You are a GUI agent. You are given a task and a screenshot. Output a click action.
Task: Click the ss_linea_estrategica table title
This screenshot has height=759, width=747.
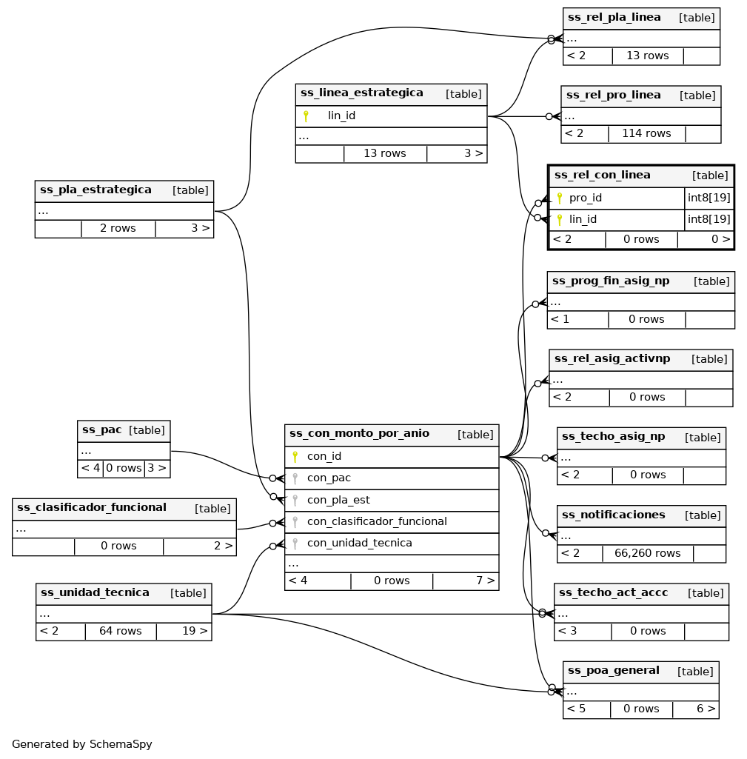pyautogui.click(x=362, y=93)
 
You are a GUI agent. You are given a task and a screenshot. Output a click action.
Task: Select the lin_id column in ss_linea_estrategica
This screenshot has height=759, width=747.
pyautogui.click(x=341, y=116)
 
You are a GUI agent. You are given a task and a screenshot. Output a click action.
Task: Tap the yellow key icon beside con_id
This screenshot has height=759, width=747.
pyautogui.click(x=295, y=457)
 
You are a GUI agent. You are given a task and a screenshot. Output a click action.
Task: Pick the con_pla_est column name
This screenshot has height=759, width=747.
pyautogui.click(x=338, y=500)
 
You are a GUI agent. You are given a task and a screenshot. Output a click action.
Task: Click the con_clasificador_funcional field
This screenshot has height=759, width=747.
pyautogui.click(x=377, y=521)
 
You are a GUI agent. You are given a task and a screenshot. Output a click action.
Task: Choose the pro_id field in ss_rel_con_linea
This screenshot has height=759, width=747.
pyautogui.click(x=585, y=198)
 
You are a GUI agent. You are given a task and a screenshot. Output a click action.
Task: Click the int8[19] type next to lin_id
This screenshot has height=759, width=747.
pyautogui.click(x=709, y=219)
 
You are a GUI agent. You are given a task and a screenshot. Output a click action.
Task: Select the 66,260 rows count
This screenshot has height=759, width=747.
pyautogui.click(x=647, y=553)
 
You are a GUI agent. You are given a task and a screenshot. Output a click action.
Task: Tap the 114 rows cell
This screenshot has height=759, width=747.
pyautogui.click(x=646, y=134)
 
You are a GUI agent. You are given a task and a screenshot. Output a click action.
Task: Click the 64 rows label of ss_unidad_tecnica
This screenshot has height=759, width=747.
pyautogui.click(x=120, y=632)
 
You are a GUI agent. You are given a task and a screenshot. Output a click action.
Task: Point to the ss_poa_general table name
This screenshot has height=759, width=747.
pyautogui.click(x=613, y=671)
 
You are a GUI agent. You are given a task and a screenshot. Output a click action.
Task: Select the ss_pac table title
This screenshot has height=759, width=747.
pyautogui.click(x=101, y=430)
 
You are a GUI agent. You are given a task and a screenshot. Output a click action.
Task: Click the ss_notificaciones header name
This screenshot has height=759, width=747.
pyautogui.click(x=613, y=515)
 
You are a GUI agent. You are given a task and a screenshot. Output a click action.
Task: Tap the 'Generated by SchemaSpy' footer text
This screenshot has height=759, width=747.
pyautogui.click(x=81, y=744)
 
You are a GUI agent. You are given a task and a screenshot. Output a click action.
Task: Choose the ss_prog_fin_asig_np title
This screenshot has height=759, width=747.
pyautogui.click(x=611, y=281)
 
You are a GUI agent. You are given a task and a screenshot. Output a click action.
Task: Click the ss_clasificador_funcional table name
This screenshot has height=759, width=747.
pyautogui.click(x=91, y=508)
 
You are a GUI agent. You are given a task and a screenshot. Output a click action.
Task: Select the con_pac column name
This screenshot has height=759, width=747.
pyautogui.click(x=329, y=478)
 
